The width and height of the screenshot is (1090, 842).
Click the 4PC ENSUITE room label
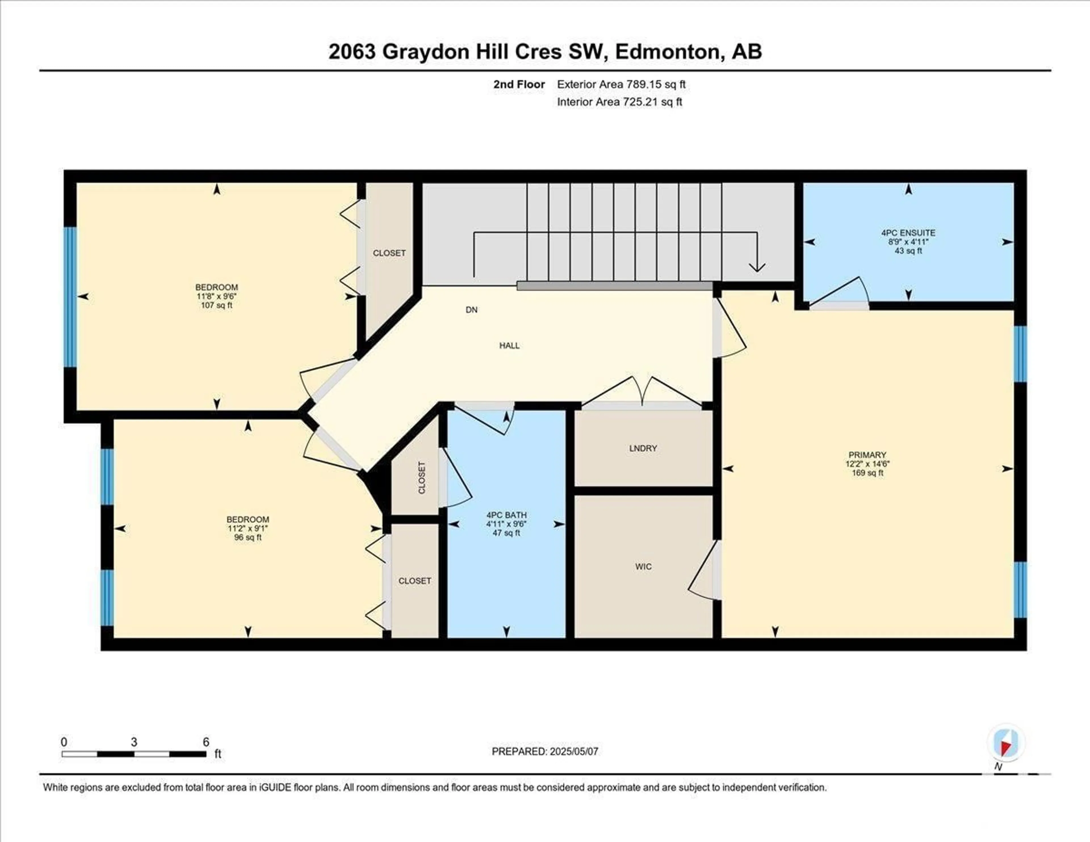pyautogui.click(x=908, y=233)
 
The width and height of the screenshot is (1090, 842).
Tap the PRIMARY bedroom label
pyautogui.click(x=867, y=455)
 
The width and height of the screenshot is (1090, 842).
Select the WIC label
pyautogui.click(x=643, y=567)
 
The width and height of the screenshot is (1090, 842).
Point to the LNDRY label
pyautogui.click(x=643, y=448)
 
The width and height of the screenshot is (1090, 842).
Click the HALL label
pyautogui.click(x=510, y=345)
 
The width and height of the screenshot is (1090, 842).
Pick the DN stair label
pyautogui.click(x=472, y=309)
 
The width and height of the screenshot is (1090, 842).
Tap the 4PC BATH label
pyautogui.click(x=507, y=515)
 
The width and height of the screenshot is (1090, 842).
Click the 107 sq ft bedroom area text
pyautogui.click(x=217, y=305)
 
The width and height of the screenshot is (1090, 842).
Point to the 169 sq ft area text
pyautogui.click(x=867, y=473)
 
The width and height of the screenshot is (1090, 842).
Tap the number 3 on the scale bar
pyautogui.click(x=134, y=742)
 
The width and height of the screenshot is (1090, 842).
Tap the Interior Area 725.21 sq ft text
pyautogui.click(x=619, y=102)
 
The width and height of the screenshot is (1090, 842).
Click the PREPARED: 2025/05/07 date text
pyautogui.click(x=545, y=751)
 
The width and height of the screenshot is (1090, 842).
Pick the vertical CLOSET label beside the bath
pyautogui.click(x=422, y=478)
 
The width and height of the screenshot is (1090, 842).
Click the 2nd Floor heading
pyautogui.click(x=519, y=84)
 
